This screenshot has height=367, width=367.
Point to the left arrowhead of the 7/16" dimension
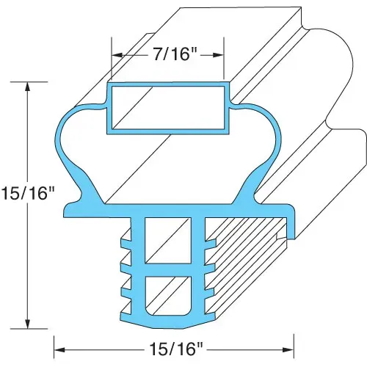tap(117, 55)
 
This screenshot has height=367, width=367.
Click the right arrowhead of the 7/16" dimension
tap(218, 55)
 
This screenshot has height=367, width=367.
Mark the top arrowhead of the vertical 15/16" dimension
tap(28, 87)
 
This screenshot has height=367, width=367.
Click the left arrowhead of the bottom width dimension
tap(59, 349)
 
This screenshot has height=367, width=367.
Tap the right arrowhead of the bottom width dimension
tap(288, 349)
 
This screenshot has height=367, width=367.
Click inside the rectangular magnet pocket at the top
tap(168, 107)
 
